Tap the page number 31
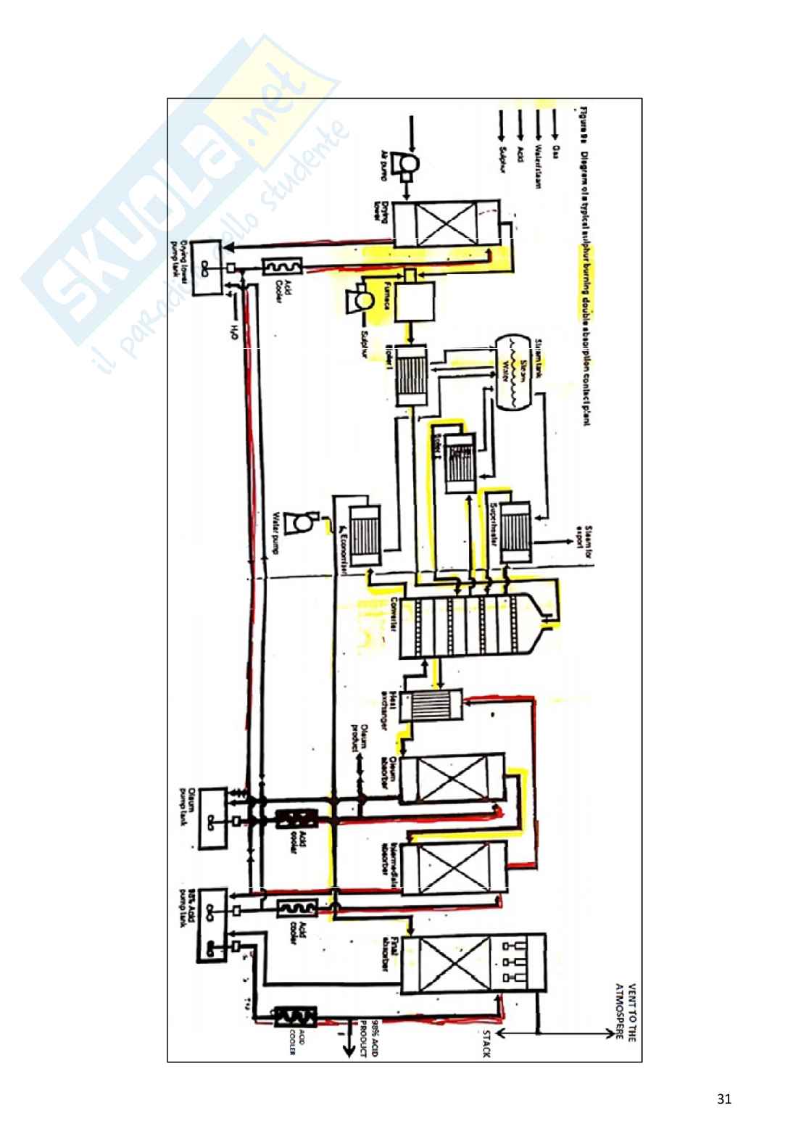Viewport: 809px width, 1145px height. (x=723, y=1099)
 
